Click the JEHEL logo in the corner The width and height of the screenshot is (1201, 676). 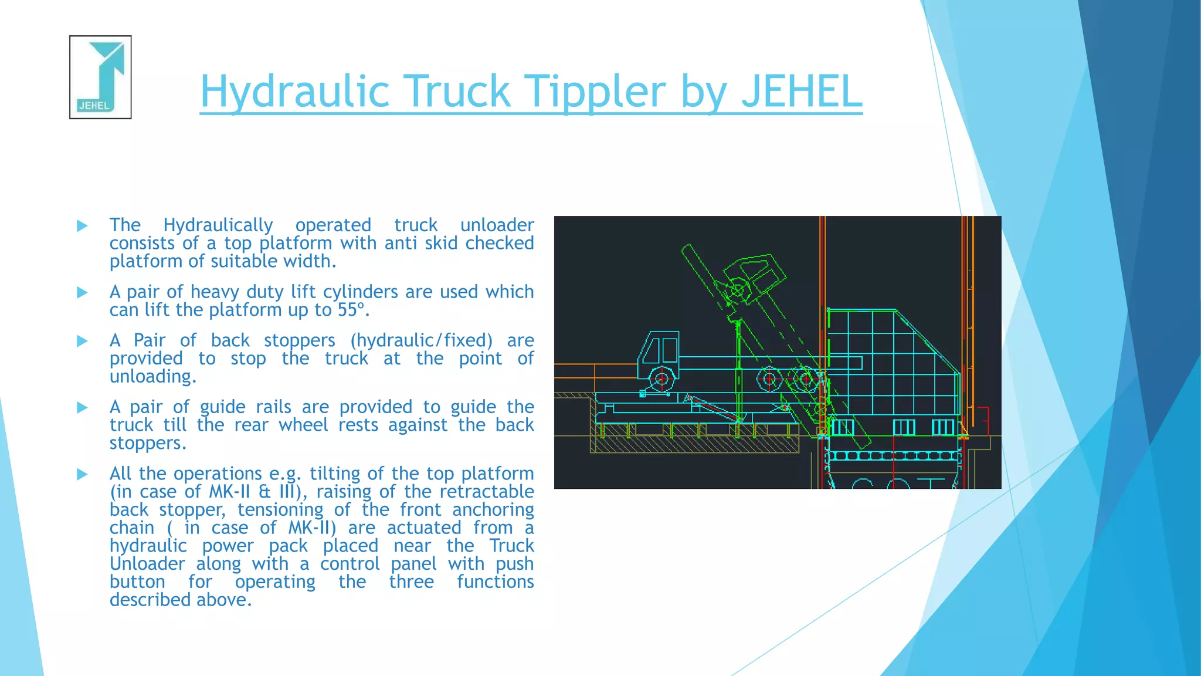click(100, 77)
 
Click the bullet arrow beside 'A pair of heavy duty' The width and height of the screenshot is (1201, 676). click(83, 292)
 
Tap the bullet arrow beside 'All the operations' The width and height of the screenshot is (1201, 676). click(83, 474)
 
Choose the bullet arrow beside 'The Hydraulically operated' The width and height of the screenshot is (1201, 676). click(83, 225)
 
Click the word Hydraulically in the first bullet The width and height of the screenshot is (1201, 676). click(218, 225)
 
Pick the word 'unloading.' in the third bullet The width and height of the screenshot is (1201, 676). click(153, 377)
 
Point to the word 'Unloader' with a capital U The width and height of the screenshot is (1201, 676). click(147, 564)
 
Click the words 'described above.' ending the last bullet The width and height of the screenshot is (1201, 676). click(181, 600)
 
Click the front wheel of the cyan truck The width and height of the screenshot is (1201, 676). click(662, 378)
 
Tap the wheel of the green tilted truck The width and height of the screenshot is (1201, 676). click(737, 290)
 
